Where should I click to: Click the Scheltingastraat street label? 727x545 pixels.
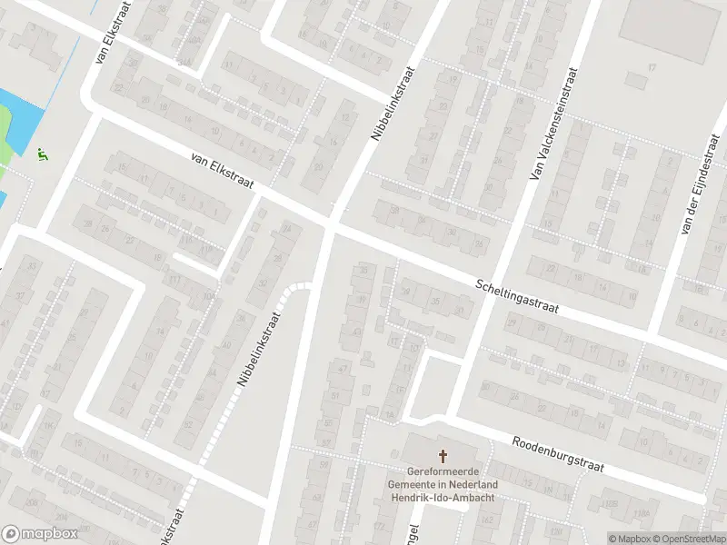pos(516,297)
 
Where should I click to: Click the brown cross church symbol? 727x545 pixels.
pos(444,457)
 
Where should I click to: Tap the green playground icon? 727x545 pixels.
pos(43,155)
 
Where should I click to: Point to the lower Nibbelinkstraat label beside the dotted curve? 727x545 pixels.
pos(258,346)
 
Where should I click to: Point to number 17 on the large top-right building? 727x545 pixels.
pos(652,67)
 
